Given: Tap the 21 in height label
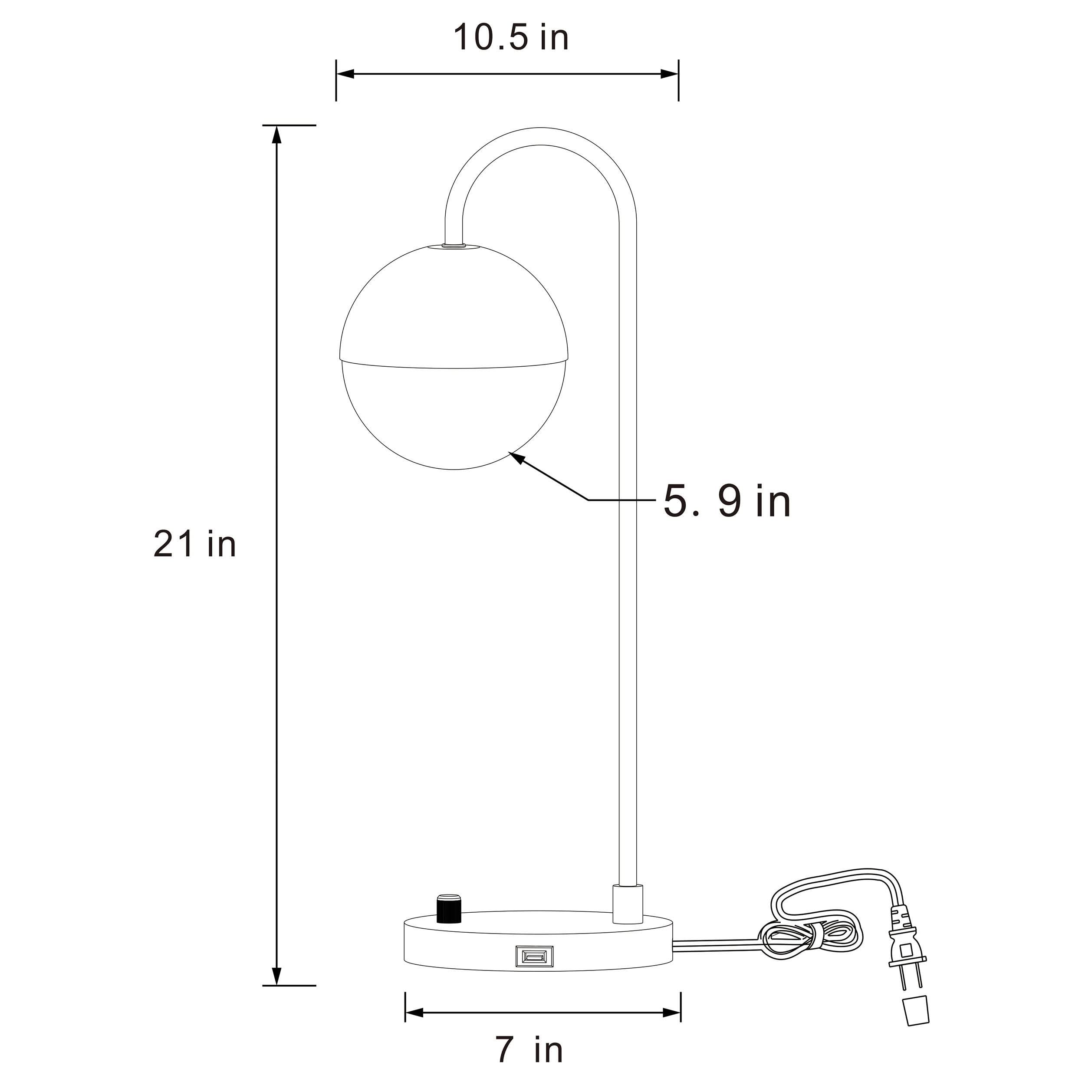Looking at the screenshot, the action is [195, 544].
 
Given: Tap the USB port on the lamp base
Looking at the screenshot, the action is [535, 957].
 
